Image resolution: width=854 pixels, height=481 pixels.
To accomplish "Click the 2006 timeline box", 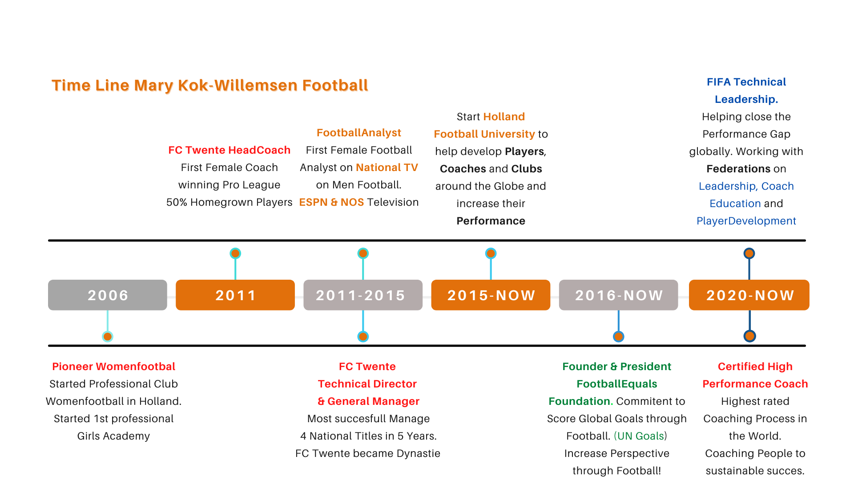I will (108, 295).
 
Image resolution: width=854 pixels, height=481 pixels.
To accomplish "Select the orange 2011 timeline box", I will (235, 295).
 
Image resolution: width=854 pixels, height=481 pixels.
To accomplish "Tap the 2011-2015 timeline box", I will (363, 295).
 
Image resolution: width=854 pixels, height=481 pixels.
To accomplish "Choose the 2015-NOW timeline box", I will (491, 295).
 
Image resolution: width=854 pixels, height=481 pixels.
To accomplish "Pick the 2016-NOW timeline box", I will (618, 295).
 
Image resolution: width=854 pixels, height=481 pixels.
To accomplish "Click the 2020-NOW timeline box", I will (749, 295).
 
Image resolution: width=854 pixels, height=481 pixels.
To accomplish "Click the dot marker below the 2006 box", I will (108, 336).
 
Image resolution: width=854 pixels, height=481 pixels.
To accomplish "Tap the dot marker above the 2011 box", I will (235, 253).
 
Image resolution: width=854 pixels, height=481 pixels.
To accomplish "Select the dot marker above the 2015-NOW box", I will (491, 253).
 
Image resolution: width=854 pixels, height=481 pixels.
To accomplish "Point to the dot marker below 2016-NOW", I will (618, 336).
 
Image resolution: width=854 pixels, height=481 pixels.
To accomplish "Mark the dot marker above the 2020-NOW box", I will (749, 253).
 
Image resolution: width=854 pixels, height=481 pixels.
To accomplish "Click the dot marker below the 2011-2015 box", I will (363, 336).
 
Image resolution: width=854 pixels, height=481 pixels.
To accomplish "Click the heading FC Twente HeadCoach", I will (229, 150).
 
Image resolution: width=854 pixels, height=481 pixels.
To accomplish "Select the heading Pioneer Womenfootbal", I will (113, 367).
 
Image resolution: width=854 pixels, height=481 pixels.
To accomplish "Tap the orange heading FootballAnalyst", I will (359, 133).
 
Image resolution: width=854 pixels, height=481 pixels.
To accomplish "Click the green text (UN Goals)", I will (640, 436).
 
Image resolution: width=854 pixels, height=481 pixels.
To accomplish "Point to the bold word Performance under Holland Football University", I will (491, 221).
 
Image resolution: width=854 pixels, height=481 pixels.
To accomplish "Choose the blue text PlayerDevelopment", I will (746, 221).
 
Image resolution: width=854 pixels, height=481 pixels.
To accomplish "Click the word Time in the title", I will (71, 86).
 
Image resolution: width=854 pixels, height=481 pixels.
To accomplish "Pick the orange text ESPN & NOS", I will (331, 202).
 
